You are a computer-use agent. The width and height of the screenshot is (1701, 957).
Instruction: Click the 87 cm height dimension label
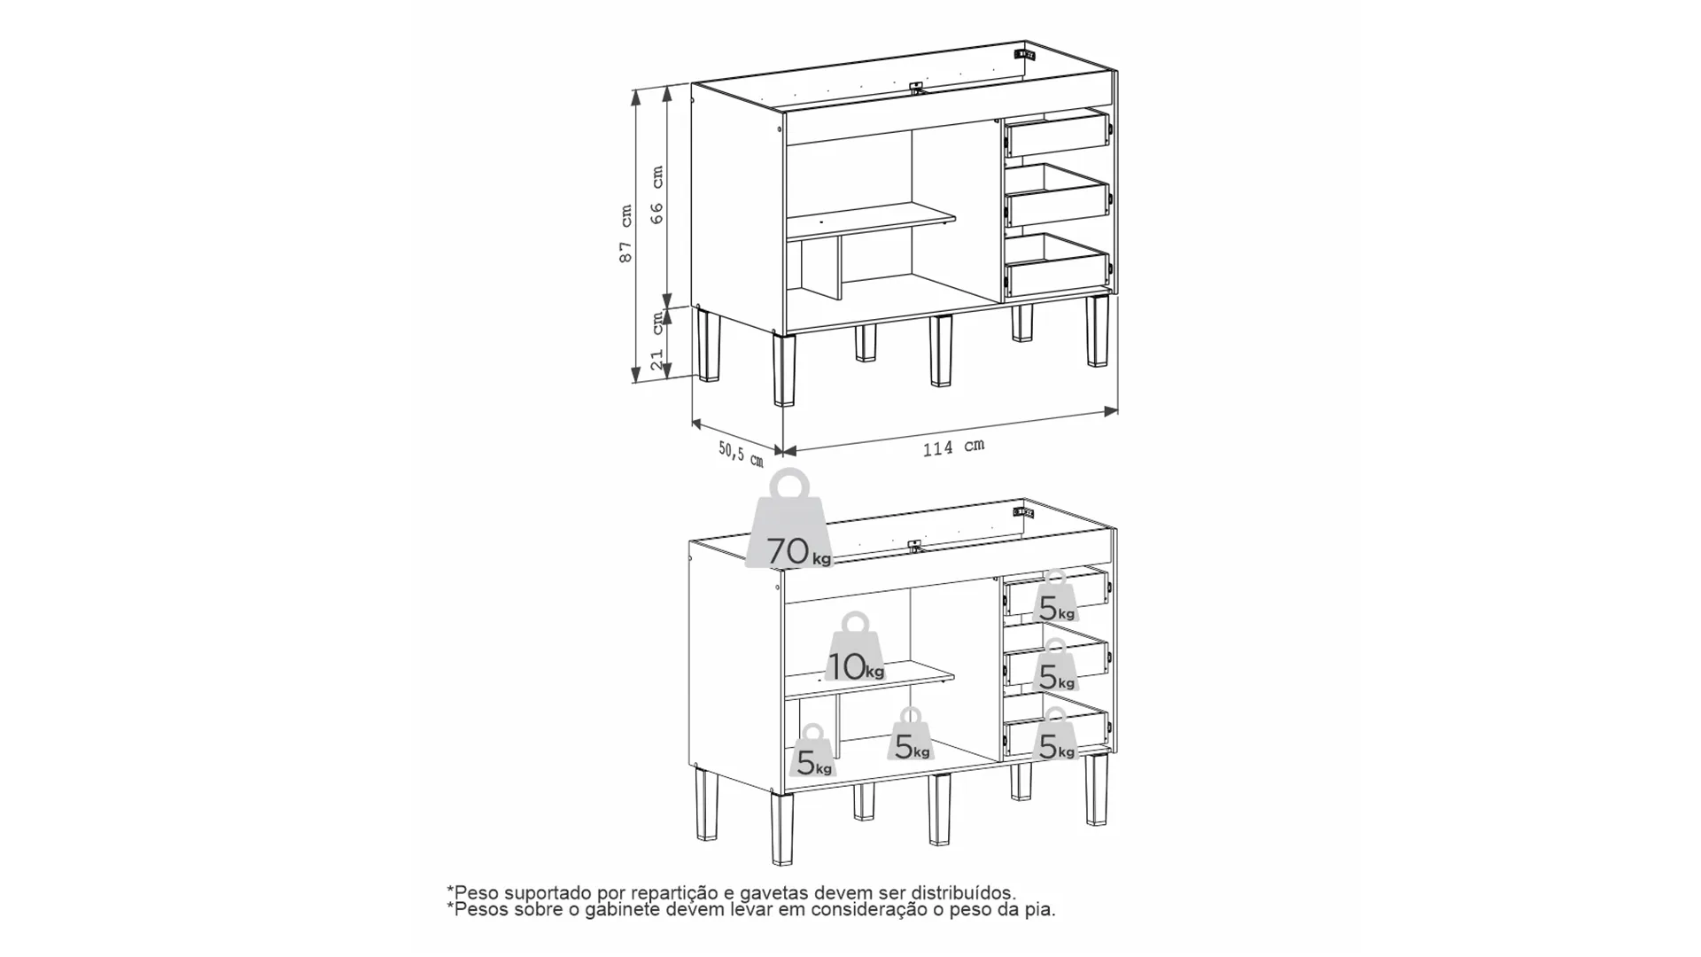pyautogui.click(x=626, y=234)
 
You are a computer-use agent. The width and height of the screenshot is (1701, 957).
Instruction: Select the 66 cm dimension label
pyautogui.click(x=657, y=194)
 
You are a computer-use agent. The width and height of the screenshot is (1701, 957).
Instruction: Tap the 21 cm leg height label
pyautogui.click(x=656, y=341)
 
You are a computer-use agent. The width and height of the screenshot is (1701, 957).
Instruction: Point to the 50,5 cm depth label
pyautogui.click(x=741, y=454)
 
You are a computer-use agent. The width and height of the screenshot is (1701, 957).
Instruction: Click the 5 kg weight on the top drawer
pyautogui.click(x=1055, y=596)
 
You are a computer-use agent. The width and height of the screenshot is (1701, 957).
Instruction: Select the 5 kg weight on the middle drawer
pyautogui.click(x=1055, y=665)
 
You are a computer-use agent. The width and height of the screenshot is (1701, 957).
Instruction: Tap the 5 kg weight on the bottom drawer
pyautogui.click(x=1055, y=734)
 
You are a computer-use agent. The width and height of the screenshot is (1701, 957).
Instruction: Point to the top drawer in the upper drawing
pyautogui.click(x=1057, y=136)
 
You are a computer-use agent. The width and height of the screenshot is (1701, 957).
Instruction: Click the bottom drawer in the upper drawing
pyautogui.click(x=1057, y=265)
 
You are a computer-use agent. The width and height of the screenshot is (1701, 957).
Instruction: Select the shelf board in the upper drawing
pyautogui.click(x=871, y=220)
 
